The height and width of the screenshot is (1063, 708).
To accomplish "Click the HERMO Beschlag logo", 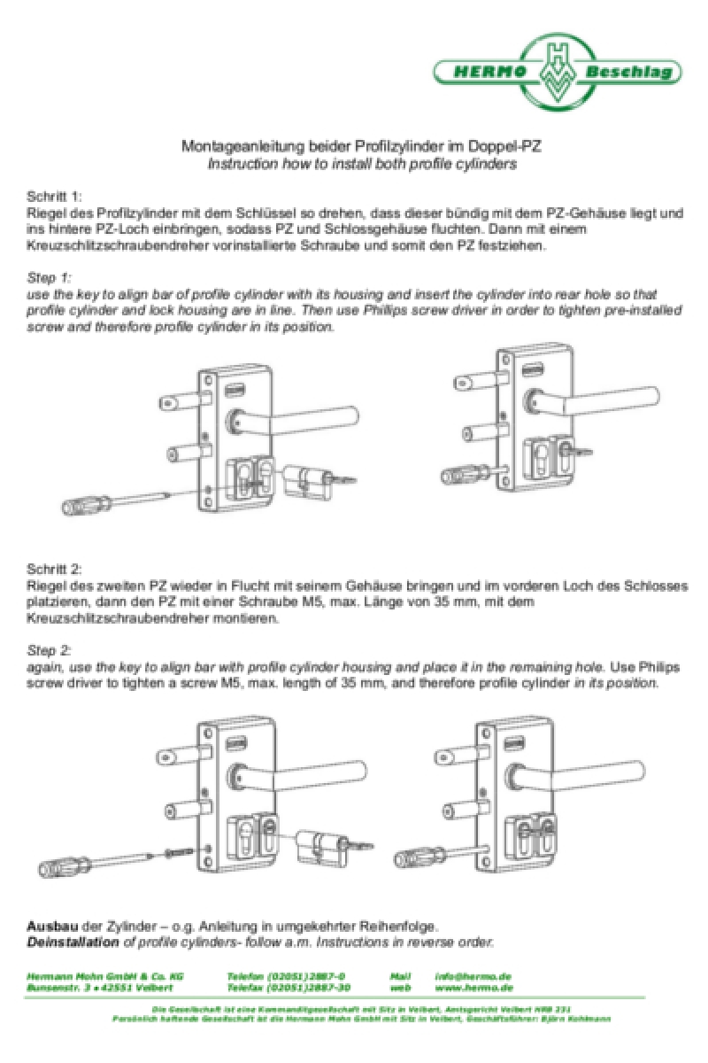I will [x=558, y=72].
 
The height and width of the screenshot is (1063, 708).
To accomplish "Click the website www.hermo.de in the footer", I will [x=474, y=987].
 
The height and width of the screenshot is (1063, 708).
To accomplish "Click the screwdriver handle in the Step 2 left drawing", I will [x=64, y=862].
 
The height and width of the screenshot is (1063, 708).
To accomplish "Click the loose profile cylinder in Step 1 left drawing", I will [x=305, y=480].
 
